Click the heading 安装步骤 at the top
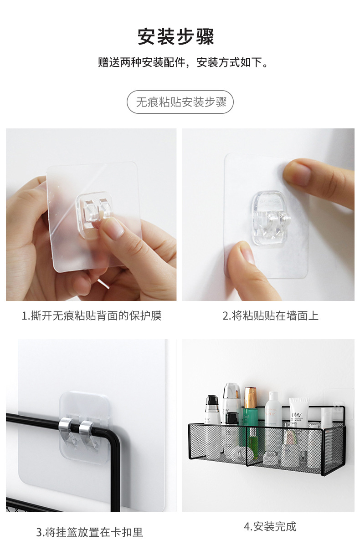point(176,36)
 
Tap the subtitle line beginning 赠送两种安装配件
point(183,63)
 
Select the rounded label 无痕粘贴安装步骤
point(180,102)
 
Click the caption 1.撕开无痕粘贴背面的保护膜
point(92,316)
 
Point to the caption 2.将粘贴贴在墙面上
point(270,316)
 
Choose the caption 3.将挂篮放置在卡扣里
point(90,532)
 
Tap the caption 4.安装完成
point(270,527)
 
